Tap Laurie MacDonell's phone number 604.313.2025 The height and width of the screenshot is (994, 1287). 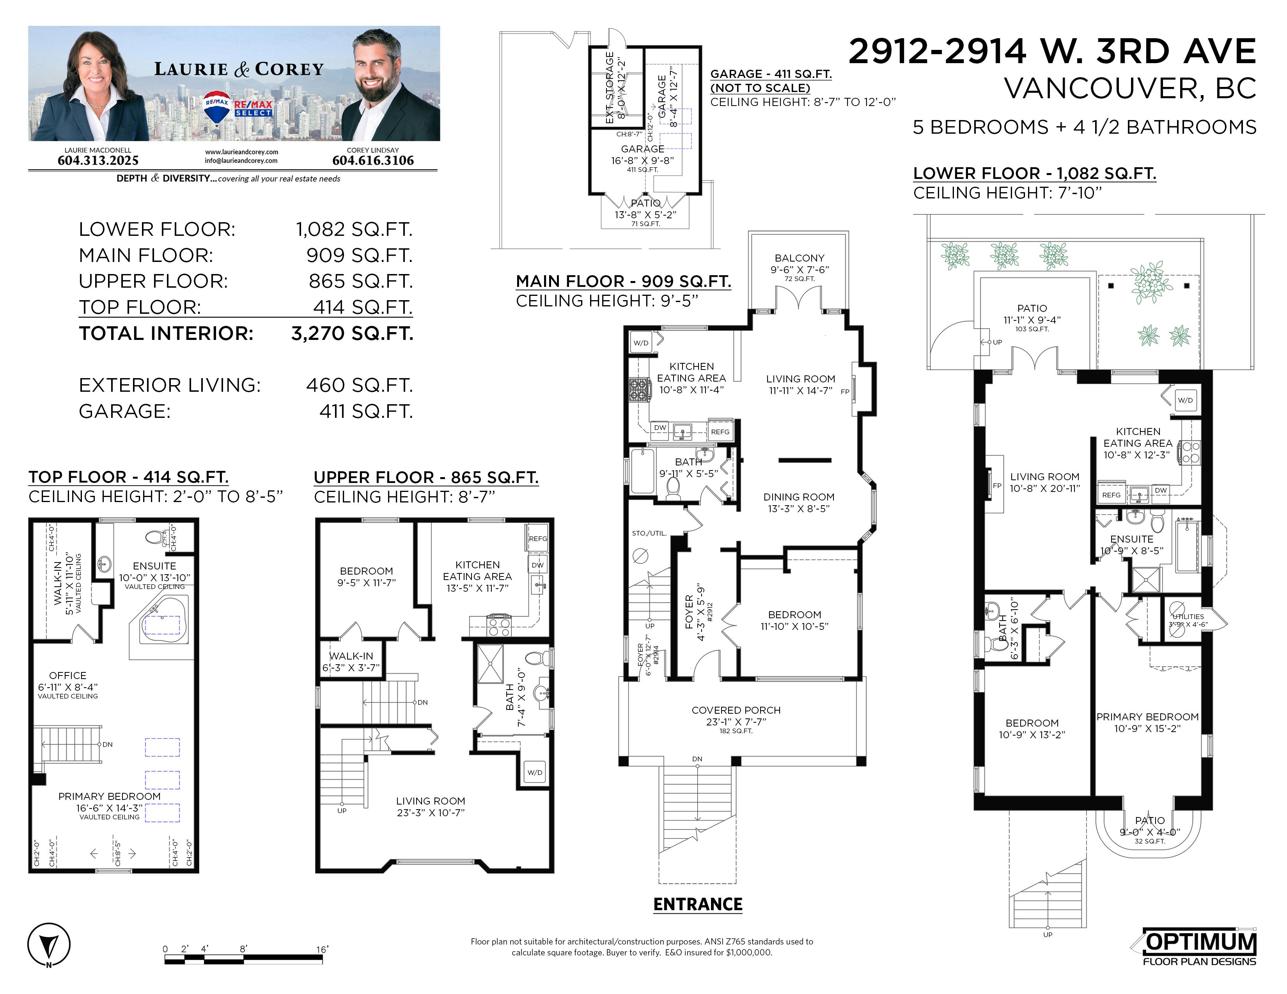point(98,160)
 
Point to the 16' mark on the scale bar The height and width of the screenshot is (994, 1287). point(322,949)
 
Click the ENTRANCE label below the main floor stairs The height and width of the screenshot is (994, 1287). point(698,904)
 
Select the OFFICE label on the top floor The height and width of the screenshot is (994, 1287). point(68,676)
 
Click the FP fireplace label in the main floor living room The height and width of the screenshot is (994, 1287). point(845,392)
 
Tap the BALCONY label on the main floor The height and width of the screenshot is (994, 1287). point(799,258)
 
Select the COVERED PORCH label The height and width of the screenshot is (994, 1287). point(736,710)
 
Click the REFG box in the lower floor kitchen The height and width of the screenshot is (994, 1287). point(1111,495)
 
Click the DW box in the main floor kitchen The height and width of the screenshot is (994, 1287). point(660,428)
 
